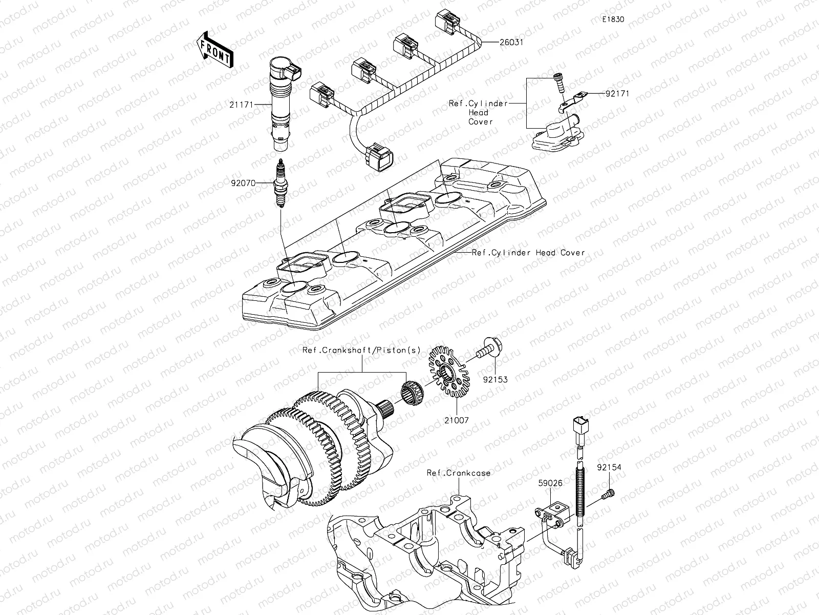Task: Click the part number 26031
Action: (x=511, y=43)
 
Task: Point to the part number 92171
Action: (x=617, y=94)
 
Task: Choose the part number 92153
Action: (x=495, y=380)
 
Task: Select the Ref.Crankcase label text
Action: (x=459, y=473)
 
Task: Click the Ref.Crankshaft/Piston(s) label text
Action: (x=361, y=351)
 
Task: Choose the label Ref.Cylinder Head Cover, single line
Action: (x=528, y=253)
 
